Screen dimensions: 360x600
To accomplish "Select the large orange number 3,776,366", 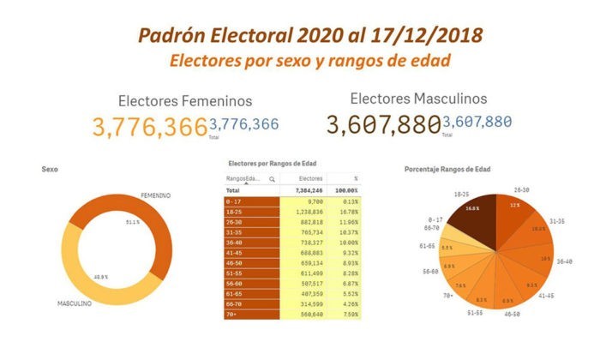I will pyautogui.click(x=150, y=127).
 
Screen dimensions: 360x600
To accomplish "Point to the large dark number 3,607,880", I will pyautogui.click(x=382, y=125).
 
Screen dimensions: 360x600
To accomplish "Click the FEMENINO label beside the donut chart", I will pyautogui.click(x=155, y=195).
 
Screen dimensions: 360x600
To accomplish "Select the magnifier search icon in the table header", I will pyautogui.click(x=272, y=179).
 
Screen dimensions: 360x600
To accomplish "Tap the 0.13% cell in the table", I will pyautogui.click(x=347, y=200).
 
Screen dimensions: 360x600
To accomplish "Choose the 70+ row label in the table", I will pyautogui.click(x=232, y=313).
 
